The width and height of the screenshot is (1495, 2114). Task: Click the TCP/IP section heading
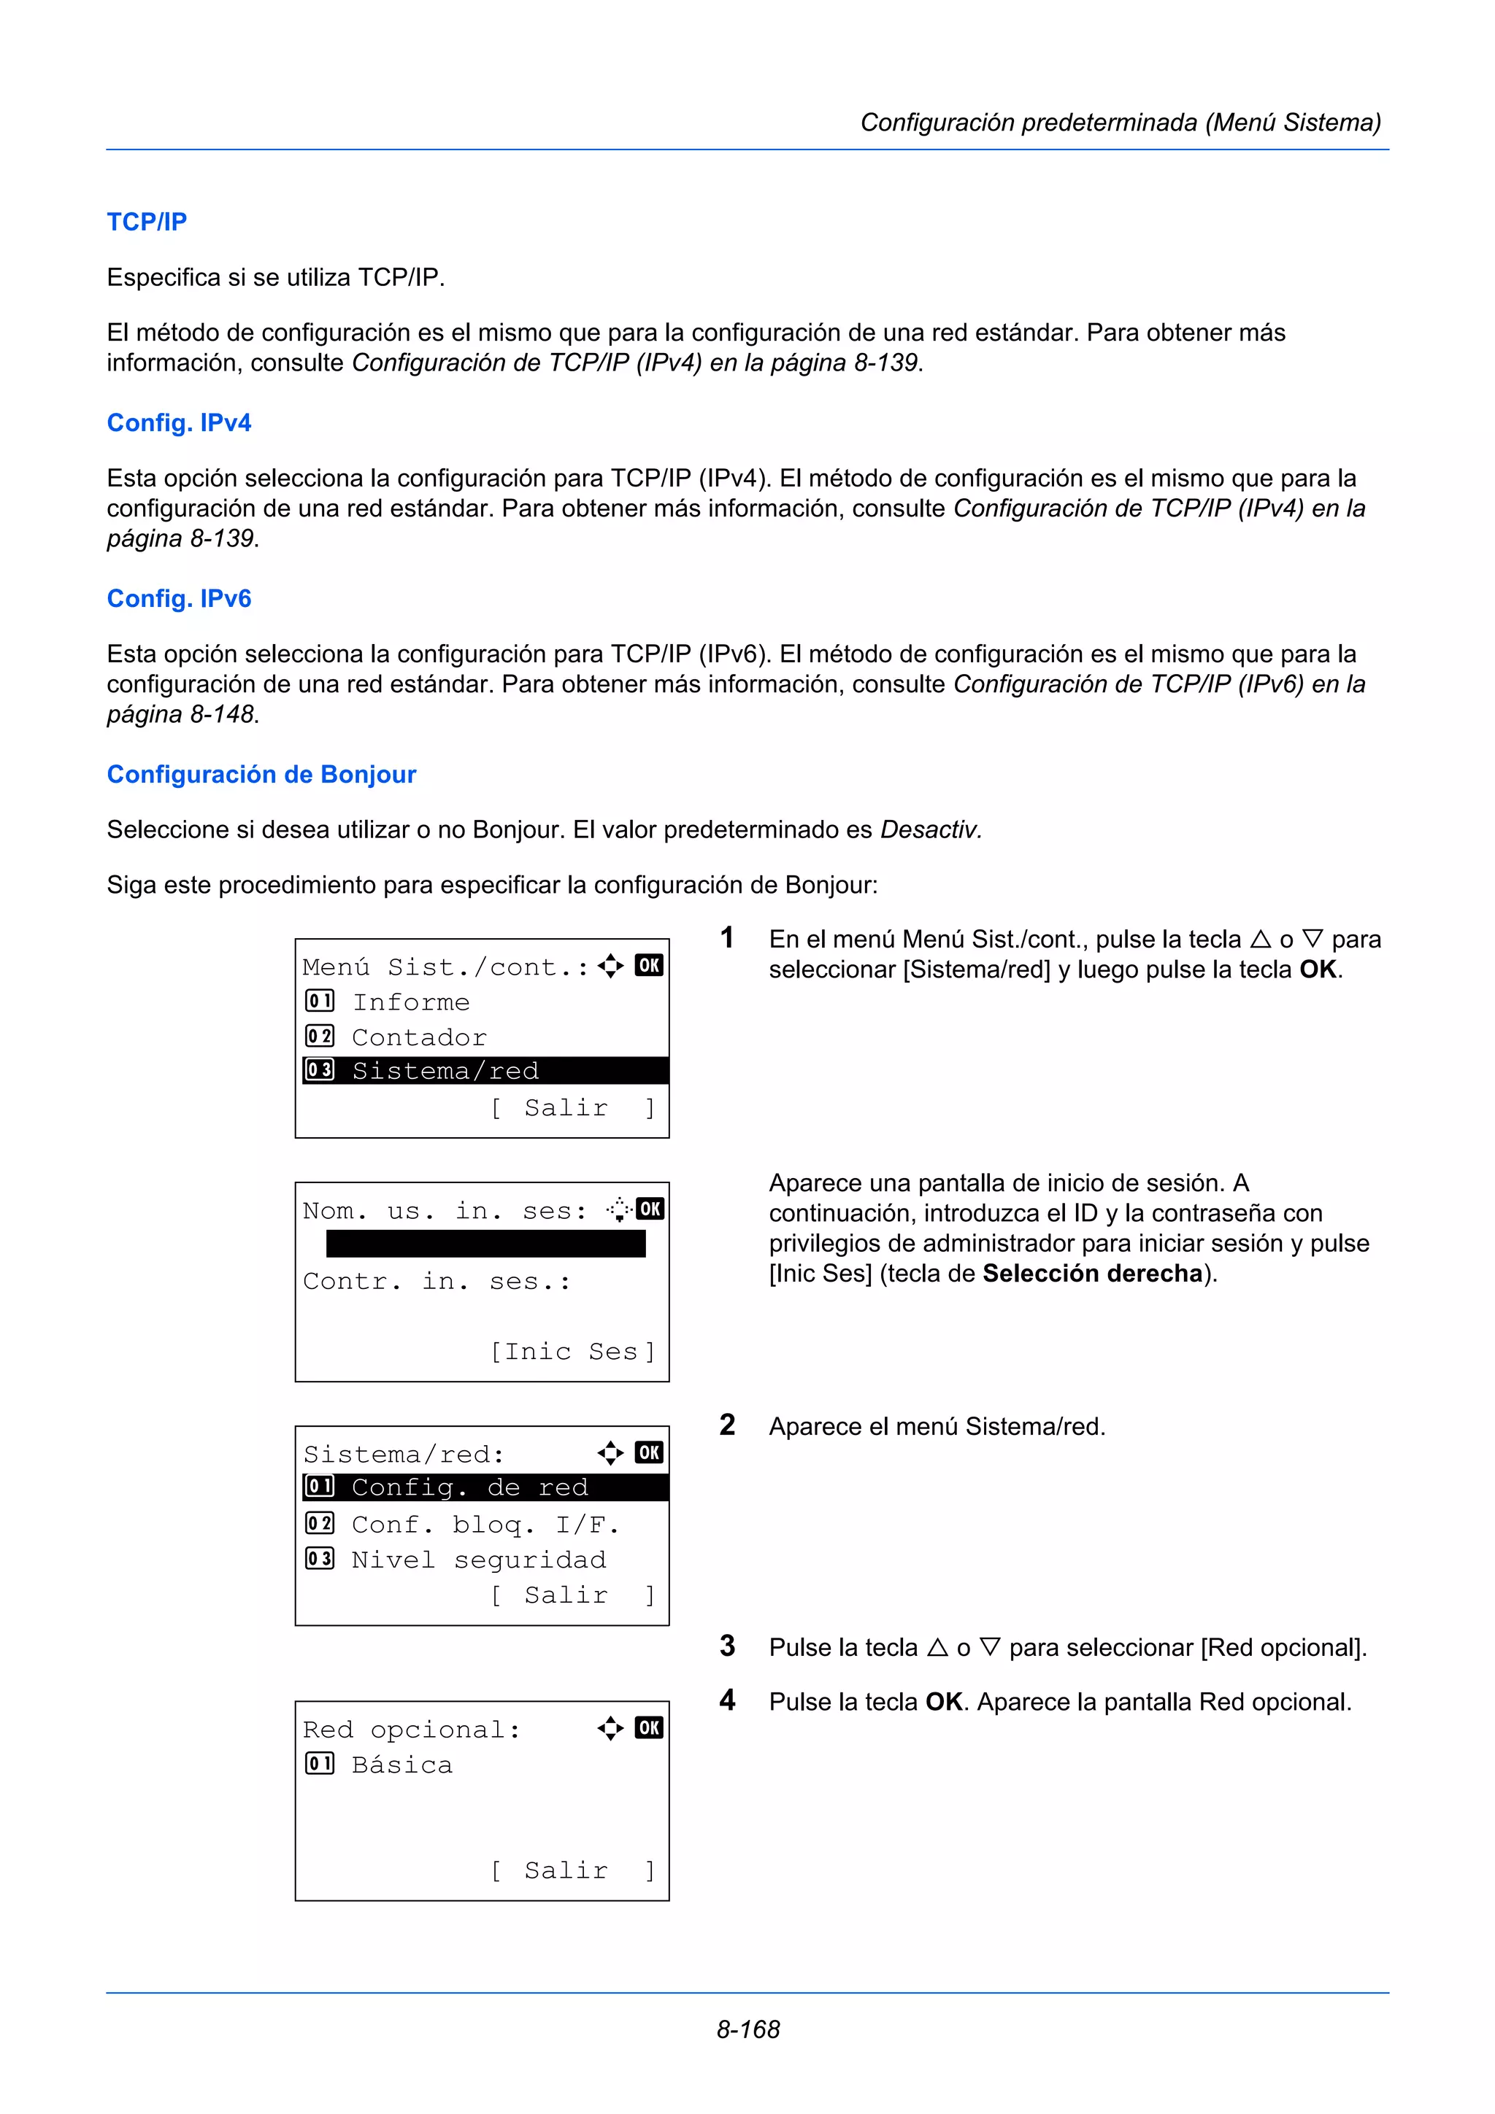point(147,222)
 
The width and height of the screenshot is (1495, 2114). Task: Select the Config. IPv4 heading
point(179,422)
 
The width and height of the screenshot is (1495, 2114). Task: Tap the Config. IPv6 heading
point(179,598)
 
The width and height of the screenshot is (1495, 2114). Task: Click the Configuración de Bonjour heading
point(261,775)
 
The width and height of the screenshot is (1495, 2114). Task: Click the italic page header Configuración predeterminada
point(1120,123)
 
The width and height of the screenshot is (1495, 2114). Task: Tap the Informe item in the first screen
point(411,1002)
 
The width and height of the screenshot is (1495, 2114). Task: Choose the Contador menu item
point(418,1037)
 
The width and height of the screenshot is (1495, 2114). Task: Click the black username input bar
point(485,1244)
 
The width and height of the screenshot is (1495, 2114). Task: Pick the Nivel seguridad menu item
point(478,1560)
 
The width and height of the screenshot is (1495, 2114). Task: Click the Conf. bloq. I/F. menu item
point(485,1525)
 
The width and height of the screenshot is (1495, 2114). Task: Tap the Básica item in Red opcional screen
point(401,1765)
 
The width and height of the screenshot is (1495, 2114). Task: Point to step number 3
point(728,1646)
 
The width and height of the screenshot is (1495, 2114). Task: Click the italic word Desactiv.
point(930,829)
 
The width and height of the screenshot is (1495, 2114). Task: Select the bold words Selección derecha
point(1093,1274)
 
